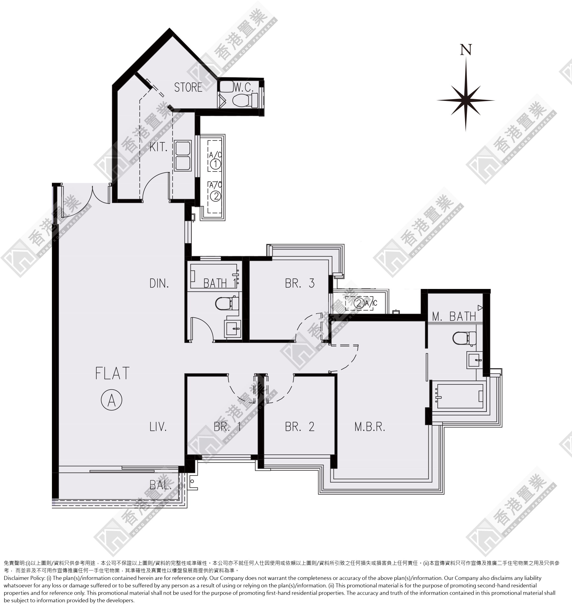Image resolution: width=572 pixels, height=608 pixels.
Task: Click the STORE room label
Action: click(x=188, y=87)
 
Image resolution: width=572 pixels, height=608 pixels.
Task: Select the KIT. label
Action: click(x=158, y=148)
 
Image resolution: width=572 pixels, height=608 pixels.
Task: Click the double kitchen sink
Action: click(x=183, y=156)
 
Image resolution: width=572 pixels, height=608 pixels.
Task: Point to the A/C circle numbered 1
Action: click(x=216, y=164)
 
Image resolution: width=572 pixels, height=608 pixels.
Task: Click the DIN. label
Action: click(x=159, y=284)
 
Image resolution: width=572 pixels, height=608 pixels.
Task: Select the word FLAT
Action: click(x=113, y=373)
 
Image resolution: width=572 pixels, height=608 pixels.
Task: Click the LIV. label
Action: click(x=158, y=427)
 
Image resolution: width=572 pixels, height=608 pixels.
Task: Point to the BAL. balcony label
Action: click(x=160, y=485)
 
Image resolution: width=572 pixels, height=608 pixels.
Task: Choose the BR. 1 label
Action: click(x=228, y=427)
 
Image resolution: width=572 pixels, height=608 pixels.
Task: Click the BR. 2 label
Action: click(x=300, y=427)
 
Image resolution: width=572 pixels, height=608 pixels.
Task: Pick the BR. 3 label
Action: click(x=300, y=284)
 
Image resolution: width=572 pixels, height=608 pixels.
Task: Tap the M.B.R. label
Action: click(x=370, y=427)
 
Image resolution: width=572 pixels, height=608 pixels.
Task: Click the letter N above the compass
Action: click(x=466, y=50)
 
